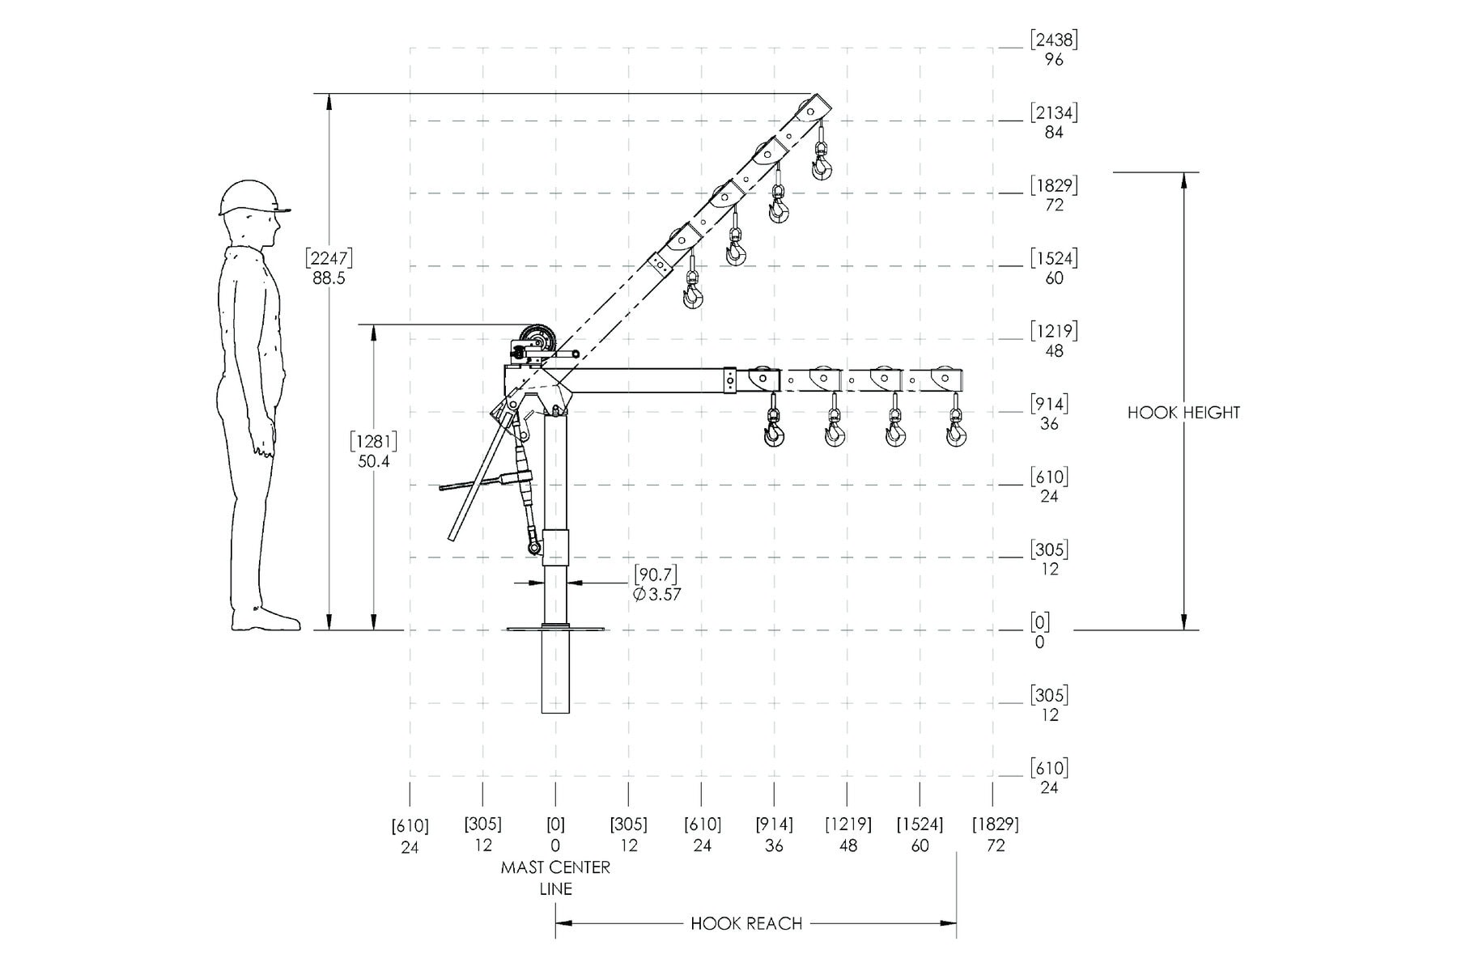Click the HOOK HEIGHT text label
pyautogui.click(x=1183, y=413)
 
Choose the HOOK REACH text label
pyautogui.click(x=746, y=924)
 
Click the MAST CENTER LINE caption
pyautogui.click(x=555, y=878)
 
